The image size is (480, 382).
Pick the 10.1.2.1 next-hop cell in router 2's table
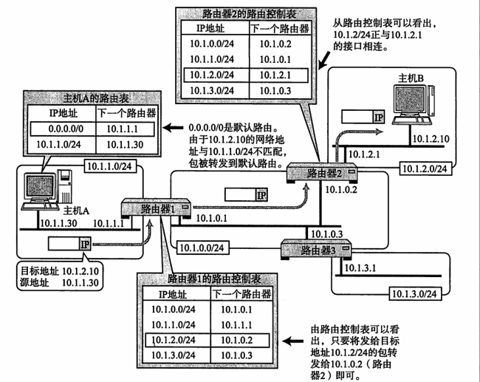tap(275, 75)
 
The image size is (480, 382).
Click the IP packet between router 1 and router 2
tap(247, 194)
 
